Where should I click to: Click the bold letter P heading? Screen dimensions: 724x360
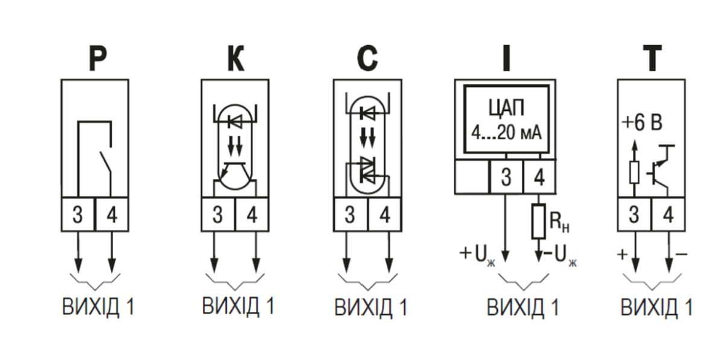click(97, 58)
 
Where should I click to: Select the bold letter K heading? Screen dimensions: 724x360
click(236, 58)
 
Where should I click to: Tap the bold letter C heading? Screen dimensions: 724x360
click(367, 58)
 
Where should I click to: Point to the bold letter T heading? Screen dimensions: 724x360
click(652, 58)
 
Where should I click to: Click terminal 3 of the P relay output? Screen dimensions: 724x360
click(78, 214)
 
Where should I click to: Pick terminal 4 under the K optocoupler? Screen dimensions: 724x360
click(252, 214)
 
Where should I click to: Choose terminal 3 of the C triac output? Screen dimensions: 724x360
click(351, 214)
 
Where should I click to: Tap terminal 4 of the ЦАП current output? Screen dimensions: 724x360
click(539, 177)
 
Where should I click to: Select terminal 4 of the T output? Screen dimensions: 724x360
click(668, 214)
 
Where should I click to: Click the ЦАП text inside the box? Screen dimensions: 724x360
click(506, 108)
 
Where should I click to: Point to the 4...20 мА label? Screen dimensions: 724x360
click(506, 132)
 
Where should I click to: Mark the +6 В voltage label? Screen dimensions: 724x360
click(642, 123)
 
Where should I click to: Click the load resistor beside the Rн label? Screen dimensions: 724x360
click(538, 221)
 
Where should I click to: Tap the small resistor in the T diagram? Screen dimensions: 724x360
click(635, 172)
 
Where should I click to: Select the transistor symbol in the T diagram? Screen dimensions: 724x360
click(660, 169)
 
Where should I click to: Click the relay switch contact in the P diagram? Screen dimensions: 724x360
click(106, 163)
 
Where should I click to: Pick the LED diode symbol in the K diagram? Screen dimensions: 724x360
click(235, 122)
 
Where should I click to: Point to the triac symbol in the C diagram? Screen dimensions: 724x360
click(367, 170)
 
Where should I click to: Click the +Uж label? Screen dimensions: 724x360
click(477, 256)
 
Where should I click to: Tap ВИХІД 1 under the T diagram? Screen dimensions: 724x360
click(656, 307)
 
